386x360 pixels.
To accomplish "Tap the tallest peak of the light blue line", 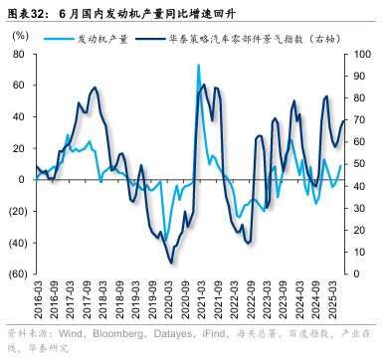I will click(x=198, y=66).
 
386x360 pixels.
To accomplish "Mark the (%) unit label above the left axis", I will click(x=19, y=34).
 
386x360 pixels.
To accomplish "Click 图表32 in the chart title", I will click(x=26, y=14).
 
